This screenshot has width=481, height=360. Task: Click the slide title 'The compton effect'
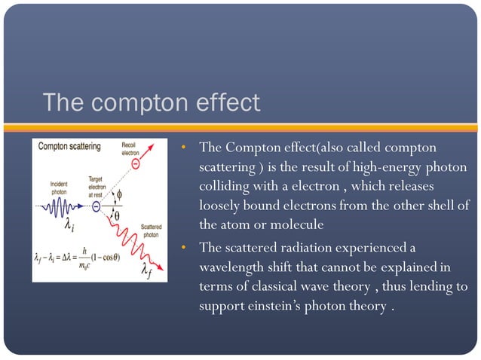(x=151, y=102)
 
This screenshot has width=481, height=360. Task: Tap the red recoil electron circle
(x=135, y=163)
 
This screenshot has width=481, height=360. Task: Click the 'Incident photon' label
(x=51, y=188)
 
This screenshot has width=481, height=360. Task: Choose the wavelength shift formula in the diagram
(x=78, y=258)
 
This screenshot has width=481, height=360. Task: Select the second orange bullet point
(x=182, y=248)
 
